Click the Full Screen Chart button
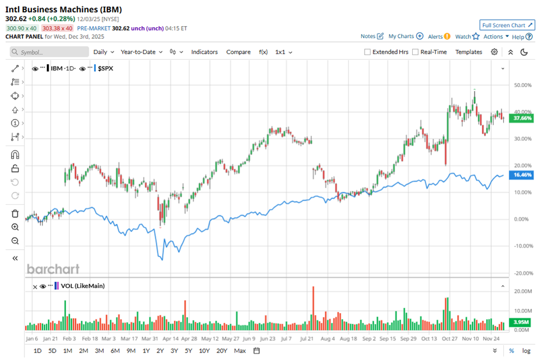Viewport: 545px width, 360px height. tap(507, 25)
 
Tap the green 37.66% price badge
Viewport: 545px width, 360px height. tap(522, 118)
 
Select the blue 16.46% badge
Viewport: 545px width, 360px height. tap(522, 174)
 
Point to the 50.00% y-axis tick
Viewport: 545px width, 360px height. tap(523, 85)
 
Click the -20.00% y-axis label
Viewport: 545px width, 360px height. tap(523, 272)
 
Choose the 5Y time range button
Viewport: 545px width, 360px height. tap(188, 351)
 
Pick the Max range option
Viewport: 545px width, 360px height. tap(239, 351)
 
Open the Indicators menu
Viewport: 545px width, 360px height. tap(204, 52)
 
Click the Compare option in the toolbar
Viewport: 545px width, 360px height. tap(238, 52)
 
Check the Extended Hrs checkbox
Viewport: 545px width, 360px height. tap(368, 52)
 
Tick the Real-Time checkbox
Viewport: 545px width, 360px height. tap(415, 52)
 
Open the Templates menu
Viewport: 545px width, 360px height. tap(468, 52)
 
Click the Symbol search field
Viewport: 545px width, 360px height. tap(49, 52)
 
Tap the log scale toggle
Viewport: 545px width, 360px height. tap(526, 351)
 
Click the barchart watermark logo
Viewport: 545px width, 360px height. tap(53, 269)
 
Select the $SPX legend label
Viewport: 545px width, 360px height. tap(106, 68)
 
